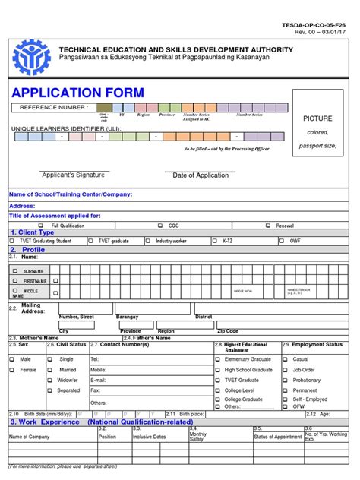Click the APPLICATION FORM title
tap(77, 93)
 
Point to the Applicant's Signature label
tap(73, 175)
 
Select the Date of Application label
tap(201, 175)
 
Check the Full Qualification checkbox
tap(43, 226)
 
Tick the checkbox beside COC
tap(159, 226)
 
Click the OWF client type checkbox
tap(283, 241)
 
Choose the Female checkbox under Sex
tap(11, 369)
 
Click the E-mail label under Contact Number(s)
tap(98, 380)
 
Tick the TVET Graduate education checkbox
tap(217, 380)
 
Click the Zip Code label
tap(228, 331)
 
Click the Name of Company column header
tap(30, 437)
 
